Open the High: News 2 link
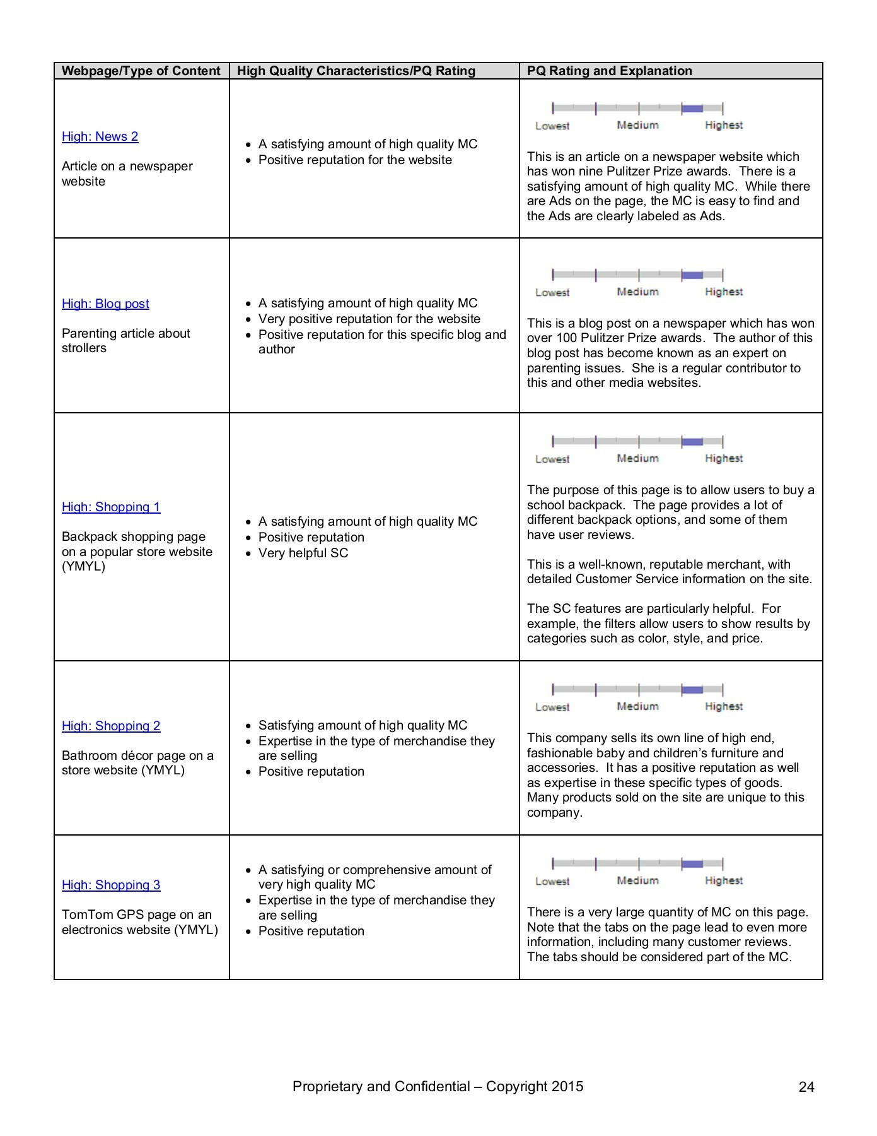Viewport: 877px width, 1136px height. (x=100, y=136)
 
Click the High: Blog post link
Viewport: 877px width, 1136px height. (x=105, y=304)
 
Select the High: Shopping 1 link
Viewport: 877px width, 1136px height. (x=111, y=507)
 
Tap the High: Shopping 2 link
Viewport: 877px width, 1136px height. (x=111, y=726)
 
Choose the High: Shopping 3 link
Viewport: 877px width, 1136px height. (x=111, y=885)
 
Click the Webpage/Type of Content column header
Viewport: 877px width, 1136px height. (x=141, y=71)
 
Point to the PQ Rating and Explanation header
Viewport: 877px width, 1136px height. (x=609, y=71)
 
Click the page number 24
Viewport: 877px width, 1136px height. (x=806, y=1087)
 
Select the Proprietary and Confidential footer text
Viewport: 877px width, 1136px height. (x=438, y=1086)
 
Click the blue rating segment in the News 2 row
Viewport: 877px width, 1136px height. (x=692, y=109)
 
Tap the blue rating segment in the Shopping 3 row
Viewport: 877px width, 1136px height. (x=692, y=863)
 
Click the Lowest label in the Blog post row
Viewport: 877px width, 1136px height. (x=552, y=292)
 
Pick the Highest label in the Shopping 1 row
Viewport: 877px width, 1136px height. (x=724, y=459)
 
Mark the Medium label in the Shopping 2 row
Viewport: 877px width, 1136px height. (x=637, y=707)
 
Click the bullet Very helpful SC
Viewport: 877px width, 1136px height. (x=303, y=553)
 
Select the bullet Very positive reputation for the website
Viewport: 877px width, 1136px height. (x=369, y=319)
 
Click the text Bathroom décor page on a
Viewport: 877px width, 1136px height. (x=137, y=755)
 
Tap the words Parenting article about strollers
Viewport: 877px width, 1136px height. (x=125, y=340)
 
